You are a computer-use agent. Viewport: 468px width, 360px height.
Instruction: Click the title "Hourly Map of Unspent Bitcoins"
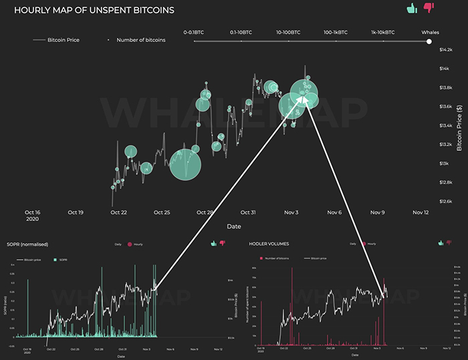tap(94, 11)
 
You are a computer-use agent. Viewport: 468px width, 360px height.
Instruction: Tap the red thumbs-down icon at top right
tap(429, 9)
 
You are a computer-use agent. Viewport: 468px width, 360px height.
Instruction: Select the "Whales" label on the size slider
tap(430, 32)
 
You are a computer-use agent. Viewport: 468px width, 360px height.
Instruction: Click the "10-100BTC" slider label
tap(288, 32)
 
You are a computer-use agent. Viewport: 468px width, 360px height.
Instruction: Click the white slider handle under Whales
tap(429, 41)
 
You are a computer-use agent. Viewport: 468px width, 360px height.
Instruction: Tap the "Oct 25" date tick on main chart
tap(162, 212)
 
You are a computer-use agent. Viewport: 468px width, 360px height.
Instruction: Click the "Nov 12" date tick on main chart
tap(421, 212)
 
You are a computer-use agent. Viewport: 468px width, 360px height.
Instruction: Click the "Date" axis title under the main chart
tap(233, 226)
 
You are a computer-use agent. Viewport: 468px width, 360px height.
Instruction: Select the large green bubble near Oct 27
tap(185, 164)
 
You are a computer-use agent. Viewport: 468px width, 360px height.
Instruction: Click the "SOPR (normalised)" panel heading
tap(27, 244)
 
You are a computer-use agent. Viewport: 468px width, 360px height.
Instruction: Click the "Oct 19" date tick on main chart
tap(76, 212)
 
